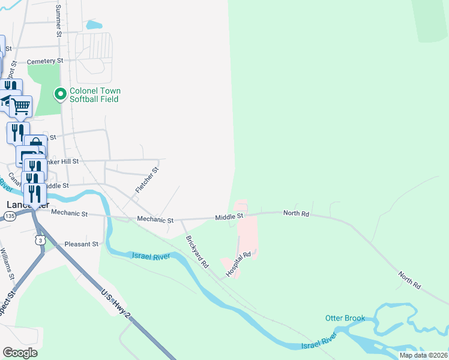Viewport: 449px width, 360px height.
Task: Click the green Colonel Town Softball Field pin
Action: tap(60, 95)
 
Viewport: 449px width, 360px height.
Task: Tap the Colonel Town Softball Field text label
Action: tap(95, 95)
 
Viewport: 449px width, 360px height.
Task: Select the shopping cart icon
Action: tap(21, 106)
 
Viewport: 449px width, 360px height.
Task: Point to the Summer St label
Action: tap(59, 21)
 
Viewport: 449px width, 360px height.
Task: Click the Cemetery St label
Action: tap(46, 61)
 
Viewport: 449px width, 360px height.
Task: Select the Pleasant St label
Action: tap(81, 244)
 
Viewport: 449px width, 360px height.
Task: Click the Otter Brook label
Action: tap(345, 318)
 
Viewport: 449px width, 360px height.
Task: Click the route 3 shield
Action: tap(40, 240)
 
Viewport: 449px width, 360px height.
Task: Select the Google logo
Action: tap(19, 353)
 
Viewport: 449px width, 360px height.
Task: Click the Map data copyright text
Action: tap(424, 355)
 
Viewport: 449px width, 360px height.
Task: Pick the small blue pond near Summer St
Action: tap(94, 25)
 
